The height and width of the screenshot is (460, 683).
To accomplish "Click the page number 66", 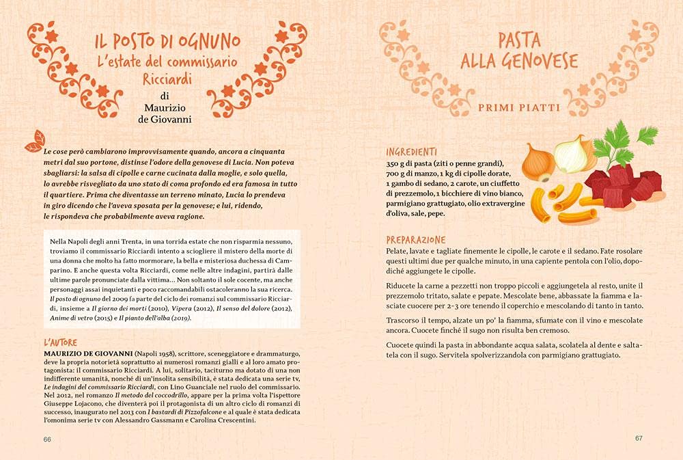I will [48, 438].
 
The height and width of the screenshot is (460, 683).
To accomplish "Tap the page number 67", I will [639, 438].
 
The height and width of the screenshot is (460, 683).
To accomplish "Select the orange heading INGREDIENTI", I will [411, 152].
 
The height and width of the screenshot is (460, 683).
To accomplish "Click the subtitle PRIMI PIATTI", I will [519, 107].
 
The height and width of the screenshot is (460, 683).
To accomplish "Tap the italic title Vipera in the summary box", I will [169, 308].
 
